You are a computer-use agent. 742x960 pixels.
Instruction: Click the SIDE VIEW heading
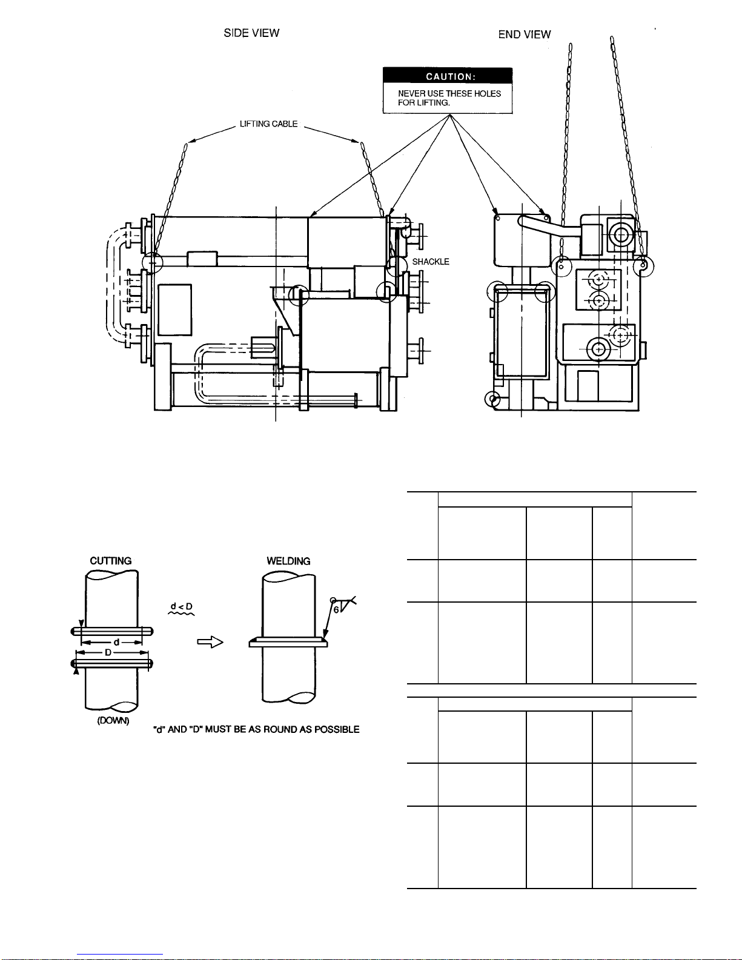(x=251, y=33)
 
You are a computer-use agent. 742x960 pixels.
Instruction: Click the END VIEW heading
(x=525, y=35)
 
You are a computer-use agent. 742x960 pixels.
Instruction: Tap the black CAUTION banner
(x=448, y=76)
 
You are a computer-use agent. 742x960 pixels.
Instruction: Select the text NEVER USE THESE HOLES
(x=449, y=94)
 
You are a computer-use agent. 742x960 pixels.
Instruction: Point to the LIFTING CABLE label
(x=268, y=124)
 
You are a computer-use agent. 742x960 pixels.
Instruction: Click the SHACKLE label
(x=431, y=262)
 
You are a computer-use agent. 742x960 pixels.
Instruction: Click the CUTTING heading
(x=111, y=561)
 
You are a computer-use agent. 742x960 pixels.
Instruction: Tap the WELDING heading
(x=288, y=561)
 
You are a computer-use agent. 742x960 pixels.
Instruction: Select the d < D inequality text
(x=182, y=606)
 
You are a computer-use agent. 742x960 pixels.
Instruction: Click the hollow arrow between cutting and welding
(x=210, y=641)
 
